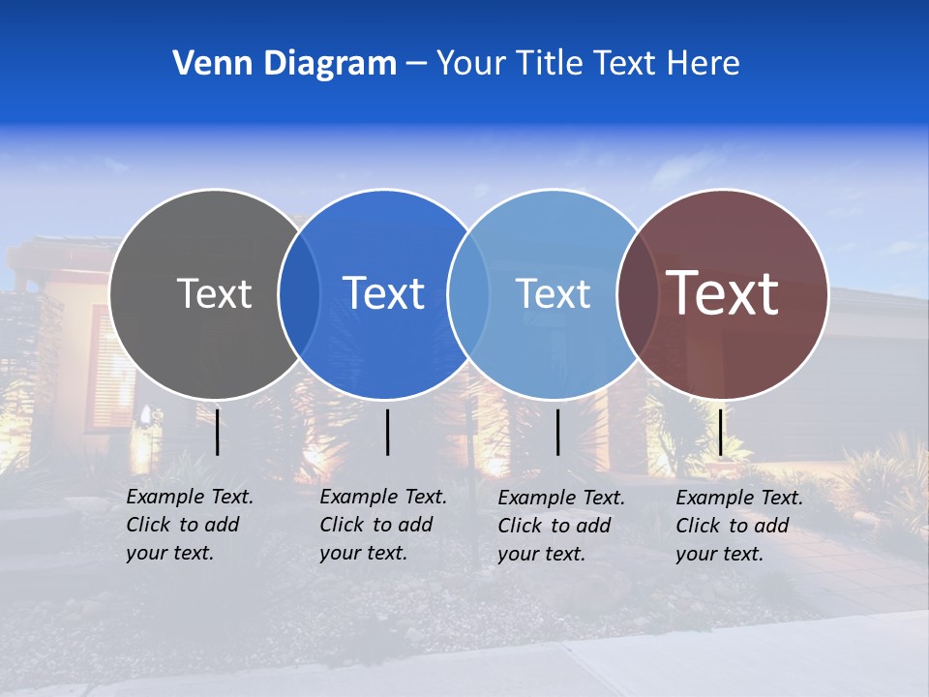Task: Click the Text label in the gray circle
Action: pos(214,293)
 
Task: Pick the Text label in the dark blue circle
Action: pos(384,293)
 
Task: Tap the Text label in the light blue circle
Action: pos(553,293)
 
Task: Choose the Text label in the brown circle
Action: pos(723,293)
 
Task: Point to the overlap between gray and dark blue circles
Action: pos(299,294)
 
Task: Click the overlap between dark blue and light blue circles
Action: pos(468,294)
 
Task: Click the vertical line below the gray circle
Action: pos(218,432)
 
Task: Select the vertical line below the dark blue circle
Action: pos(387,432)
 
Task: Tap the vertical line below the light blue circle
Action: pos(558,432)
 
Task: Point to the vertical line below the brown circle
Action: pos(721,432)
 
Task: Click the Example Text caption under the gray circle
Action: pos(189,525)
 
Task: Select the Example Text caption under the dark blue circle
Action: pos(382,525)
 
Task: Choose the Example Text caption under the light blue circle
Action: pos(560,526)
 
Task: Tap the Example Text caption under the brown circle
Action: pos(738,526)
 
